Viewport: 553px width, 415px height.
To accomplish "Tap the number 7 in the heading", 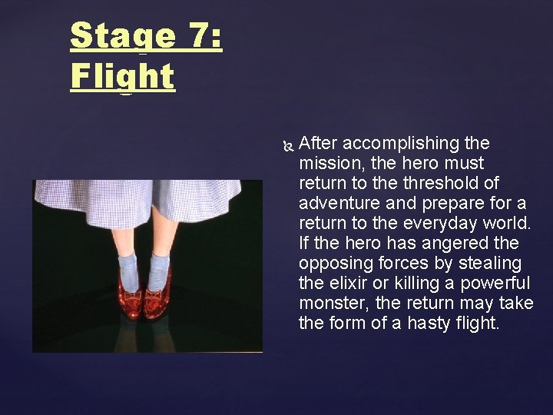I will (196, 36).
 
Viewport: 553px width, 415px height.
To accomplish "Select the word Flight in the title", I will (122, 76).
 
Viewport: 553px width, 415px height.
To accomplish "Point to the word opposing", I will (330, 263).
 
